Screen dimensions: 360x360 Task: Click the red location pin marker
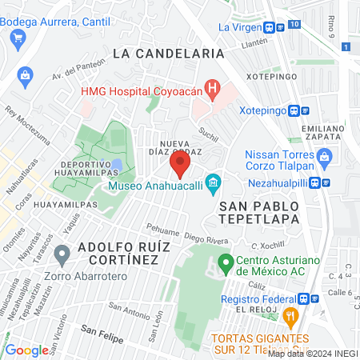(x=179, y=164)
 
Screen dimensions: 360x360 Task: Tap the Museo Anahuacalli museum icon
(x=213, y=186)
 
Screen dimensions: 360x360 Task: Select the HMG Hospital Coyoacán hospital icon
(x=212, y=88)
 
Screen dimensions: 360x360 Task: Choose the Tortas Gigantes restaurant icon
(x=292, y=318)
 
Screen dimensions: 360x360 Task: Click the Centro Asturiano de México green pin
(x=226, y=262)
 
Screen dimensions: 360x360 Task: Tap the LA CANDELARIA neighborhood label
(x=167, y=53)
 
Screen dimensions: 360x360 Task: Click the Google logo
(x=26, y=350)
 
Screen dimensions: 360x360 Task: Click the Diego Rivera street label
(x=207, y=237)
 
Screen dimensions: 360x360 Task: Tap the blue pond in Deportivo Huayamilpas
(x=117, y=166)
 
